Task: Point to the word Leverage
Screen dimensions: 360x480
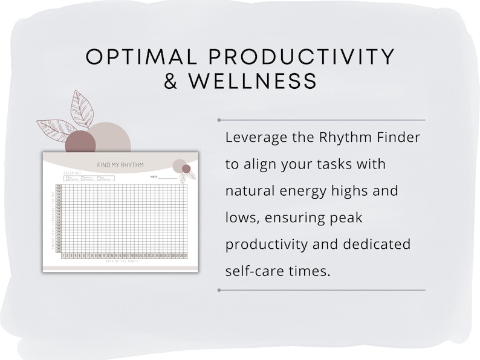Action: click(x=253, y=138)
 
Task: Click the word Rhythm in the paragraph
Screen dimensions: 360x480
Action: click(x=337, y=138)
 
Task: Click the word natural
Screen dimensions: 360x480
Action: click(x=248, y=191)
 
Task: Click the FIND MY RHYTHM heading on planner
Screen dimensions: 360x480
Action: click(x=120, y=166)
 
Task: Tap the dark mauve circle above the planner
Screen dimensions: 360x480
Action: click(x=80, y=142)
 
